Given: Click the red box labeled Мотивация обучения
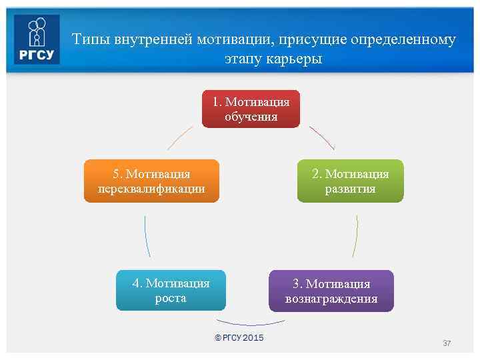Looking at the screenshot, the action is coord(251,109).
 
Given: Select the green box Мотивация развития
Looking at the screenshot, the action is coord(350,181).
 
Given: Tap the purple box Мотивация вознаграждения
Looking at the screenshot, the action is coord(331,291).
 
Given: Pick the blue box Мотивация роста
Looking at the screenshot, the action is coord(171,290).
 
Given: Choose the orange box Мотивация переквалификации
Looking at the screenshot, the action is coord(151,181).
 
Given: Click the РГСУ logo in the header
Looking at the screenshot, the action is coord(37,39).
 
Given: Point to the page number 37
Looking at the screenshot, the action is coord(447,343).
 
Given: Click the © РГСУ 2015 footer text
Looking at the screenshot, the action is coord(239,338).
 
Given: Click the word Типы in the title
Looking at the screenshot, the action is coord(91,39).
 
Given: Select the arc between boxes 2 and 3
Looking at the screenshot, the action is coord(355,236).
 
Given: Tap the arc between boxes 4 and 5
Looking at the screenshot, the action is coord(146,236).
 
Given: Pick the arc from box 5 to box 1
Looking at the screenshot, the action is coord(180,137).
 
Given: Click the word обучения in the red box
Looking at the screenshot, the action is coord(251,117).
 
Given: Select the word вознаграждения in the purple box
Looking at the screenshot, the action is coord(331,299).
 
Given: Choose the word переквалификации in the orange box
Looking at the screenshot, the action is coord(151,189).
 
